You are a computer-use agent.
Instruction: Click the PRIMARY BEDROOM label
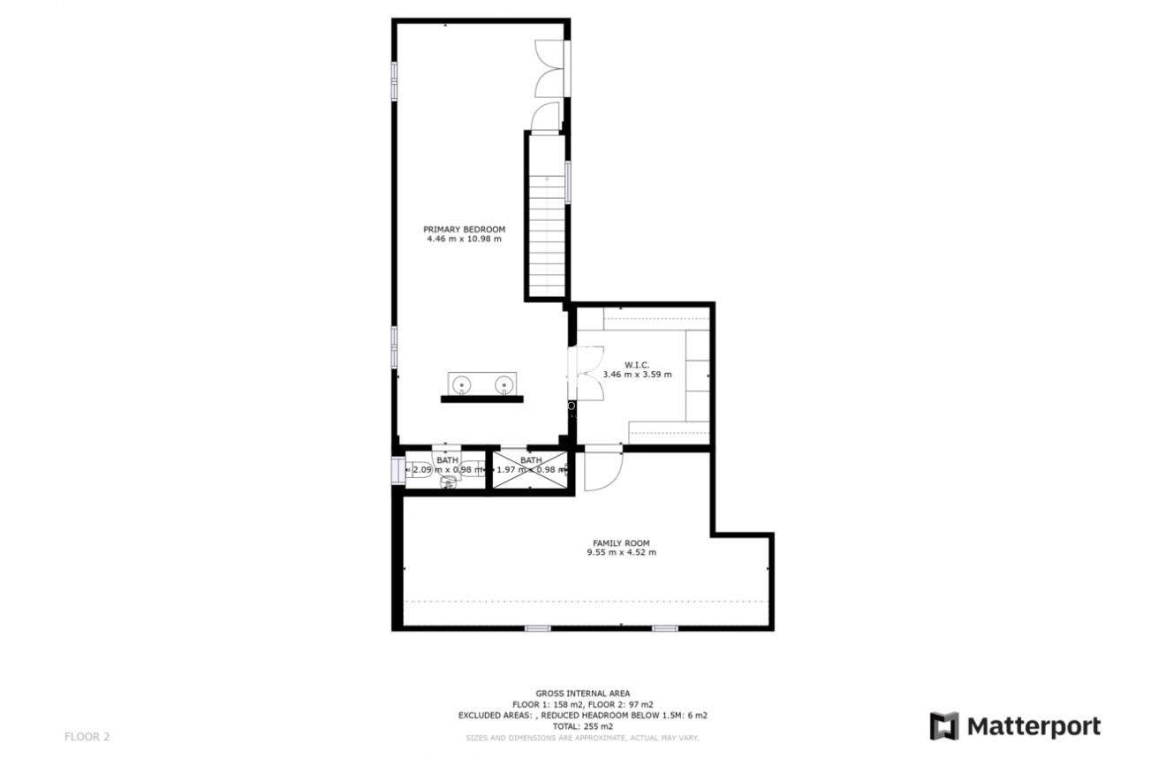click(x=464, y=229)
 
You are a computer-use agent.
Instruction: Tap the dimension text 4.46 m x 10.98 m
click(x=464, y=239)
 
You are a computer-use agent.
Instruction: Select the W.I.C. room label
click(x=637, y=364)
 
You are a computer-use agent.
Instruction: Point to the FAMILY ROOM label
click(x=621, y=543)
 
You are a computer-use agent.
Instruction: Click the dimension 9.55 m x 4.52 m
click(x=621, y=552)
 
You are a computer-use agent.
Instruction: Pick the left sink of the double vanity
click(x=462, y=384)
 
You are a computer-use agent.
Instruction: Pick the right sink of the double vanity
click(x=504, y=384)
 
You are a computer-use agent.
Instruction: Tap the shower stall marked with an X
click(x=530, y=470)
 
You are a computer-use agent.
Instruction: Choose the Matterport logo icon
click(x=943, y=726)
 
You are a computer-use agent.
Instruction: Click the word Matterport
click(x=1033, y=726)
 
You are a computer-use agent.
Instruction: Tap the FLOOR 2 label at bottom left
click(x=87, y=736)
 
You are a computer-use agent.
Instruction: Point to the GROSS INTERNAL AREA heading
click(x=582, y=694)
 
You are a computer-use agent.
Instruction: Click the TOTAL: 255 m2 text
click(x=582, y=725)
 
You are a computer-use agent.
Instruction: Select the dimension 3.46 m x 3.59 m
click(x=637, y=374)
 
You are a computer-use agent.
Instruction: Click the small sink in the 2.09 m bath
click(x=448, y=482)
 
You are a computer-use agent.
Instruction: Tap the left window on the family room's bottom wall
click(x=537, y=628)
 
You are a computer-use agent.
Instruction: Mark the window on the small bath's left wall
click(x=397, y=469)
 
